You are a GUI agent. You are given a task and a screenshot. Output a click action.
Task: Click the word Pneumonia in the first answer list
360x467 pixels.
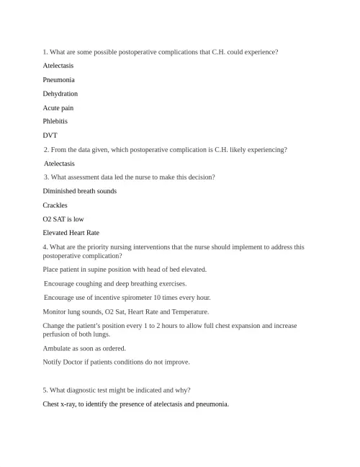point(58,79)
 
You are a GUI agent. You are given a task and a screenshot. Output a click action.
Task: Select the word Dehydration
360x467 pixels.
point(60,94)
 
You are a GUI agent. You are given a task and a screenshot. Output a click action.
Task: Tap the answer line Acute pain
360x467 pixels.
point(58,107)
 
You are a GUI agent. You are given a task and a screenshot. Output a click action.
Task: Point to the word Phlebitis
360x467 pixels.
point(55,121)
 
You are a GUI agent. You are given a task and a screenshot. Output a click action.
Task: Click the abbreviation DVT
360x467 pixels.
point(50,135)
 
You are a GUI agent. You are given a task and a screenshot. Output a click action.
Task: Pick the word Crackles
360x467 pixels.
point(55,205)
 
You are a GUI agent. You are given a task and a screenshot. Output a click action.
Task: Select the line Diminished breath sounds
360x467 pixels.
point(79,191)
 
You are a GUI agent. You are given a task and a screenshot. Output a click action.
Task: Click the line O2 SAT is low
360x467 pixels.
point(63,218)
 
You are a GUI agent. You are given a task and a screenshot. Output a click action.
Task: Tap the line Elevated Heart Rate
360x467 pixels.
point(71,233)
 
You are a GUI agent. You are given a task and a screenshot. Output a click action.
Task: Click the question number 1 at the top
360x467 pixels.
point(45,52)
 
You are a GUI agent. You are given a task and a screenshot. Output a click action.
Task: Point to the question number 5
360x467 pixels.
point(45,390)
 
